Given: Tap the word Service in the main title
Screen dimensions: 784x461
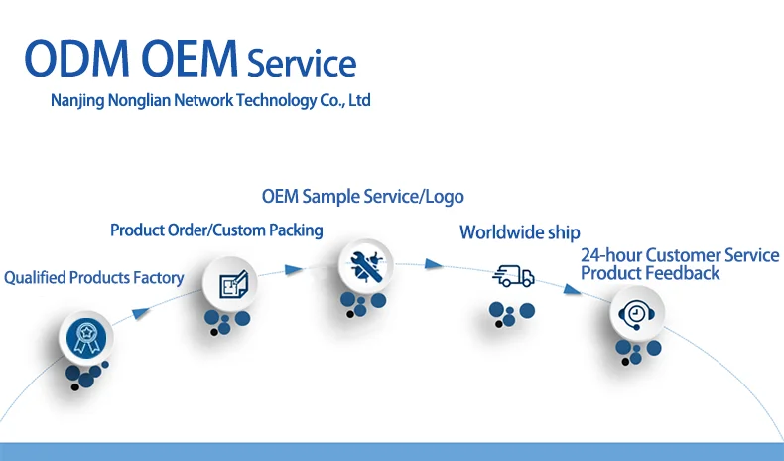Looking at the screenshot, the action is pyautogui.click(x=301, y=64).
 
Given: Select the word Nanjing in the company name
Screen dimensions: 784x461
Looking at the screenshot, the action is pyautogui.click(x=79, y=101).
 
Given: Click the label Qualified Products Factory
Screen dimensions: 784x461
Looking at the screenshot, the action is pyautogui.click(x=93, y=278).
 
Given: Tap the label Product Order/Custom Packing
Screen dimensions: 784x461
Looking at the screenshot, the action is pyautogui.click(x=216, y=230).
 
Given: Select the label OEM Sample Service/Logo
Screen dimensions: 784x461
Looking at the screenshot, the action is pyautogui.click(x=362, y=197).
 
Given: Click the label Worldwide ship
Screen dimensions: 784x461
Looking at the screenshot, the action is pyautogui.click(x=519, y=232).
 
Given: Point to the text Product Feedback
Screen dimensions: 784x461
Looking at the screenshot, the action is pyautogui.click(x=650, y=273).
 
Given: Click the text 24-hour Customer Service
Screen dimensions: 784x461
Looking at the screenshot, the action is pyautogui.click(x=680, y=255).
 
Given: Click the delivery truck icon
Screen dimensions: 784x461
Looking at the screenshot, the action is pyautogui.click(x=513, y=277).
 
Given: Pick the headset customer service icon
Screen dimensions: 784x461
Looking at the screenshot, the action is pyautogui.click(x=637, y=315).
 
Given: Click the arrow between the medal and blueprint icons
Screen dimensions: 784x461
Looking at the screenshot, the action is pyautogui.click(x=142, y=313).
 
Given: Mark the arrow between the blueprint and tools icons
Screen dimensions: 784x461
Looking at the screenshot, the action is pyautogui.click(x=292, y=270).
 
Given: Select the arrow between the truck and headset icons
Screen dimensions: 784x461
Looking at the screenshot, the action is pyautogui.click(x=572, y=290).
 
